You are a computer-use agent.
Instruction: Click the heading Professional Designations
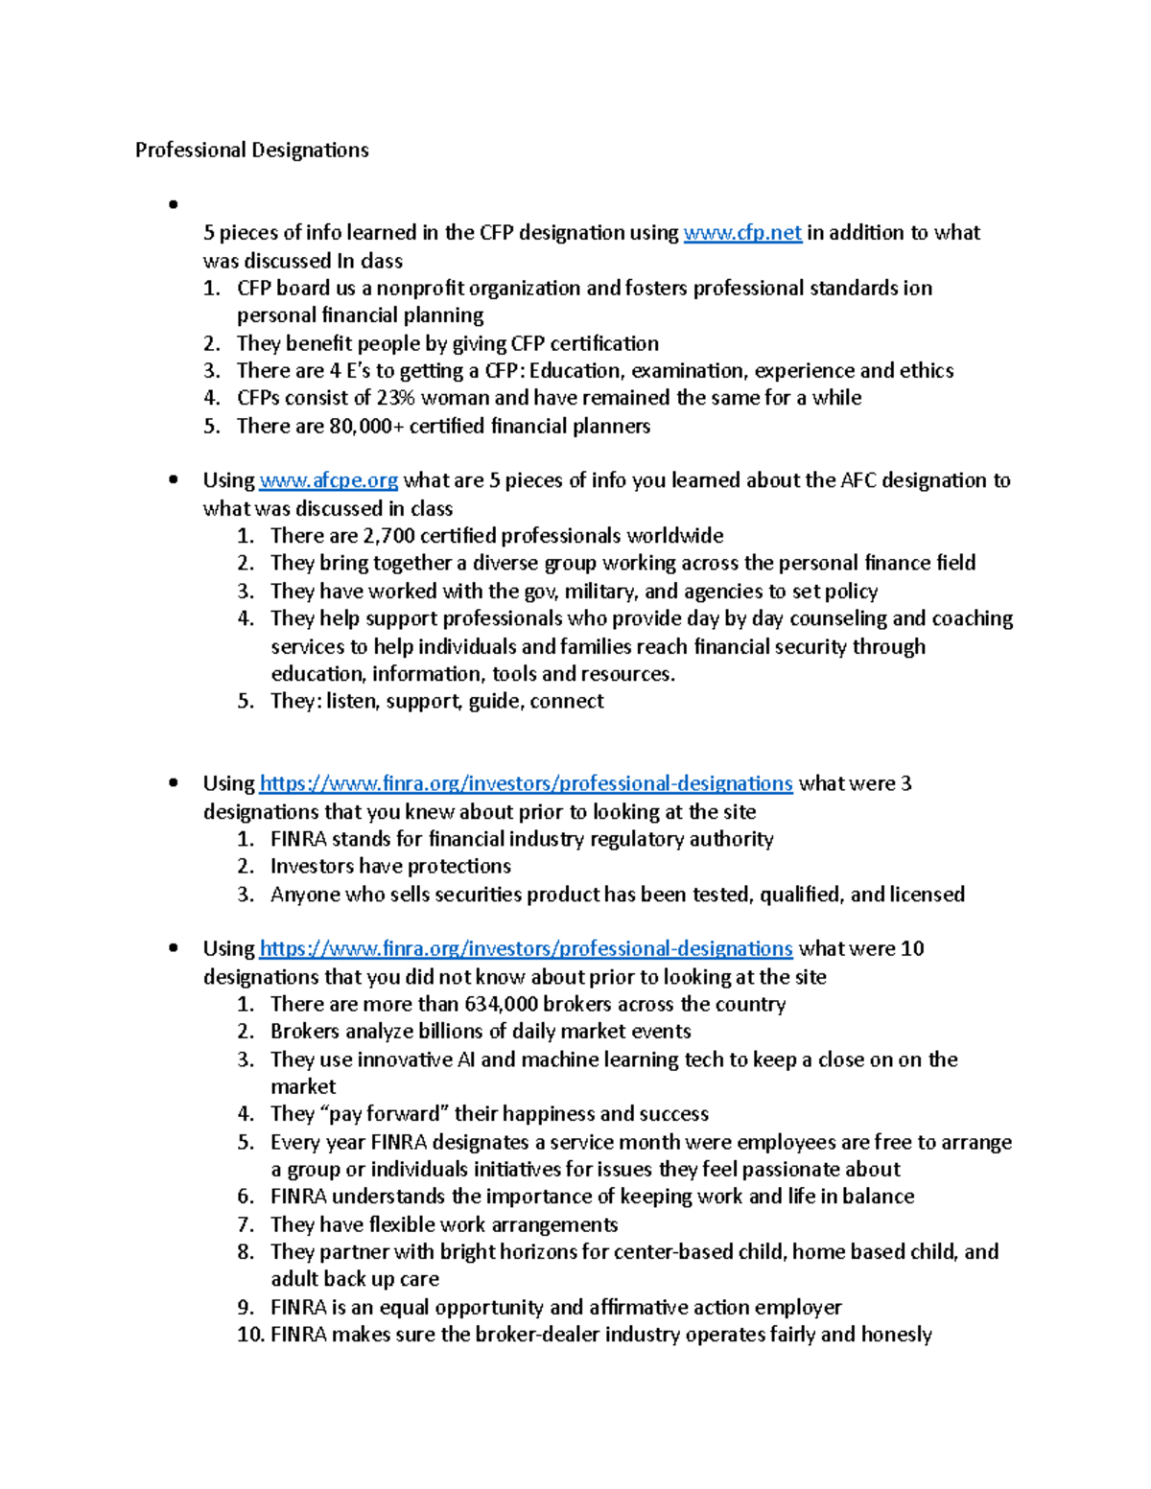click(251, 151)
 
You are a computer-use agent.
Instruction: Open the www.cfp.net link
click(742, 233)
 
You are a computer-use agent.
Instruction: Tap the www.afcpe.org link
click(328, 480)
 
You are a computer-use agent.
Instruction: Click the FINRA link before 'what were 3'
click(526, 784)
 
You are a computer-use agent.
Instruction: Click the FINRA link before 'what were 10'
click(526, 949)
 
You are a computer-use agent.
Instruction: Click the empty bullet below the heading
click(174, 204)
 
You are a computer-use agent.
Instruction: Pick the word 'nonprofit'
click(419, 289)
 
